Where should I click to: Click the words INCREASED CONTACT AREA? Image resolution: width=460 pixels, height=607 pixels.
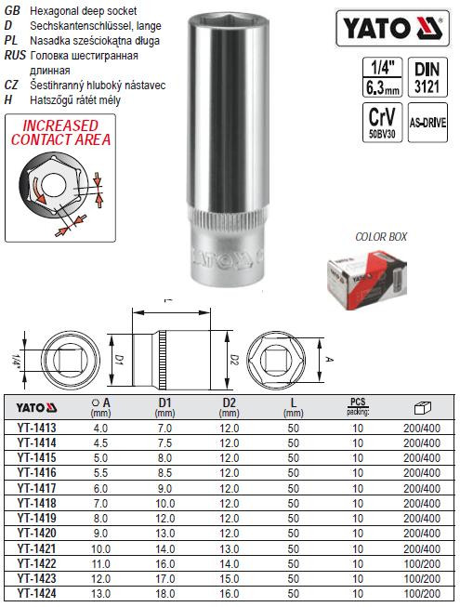(x=60, y=132)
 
